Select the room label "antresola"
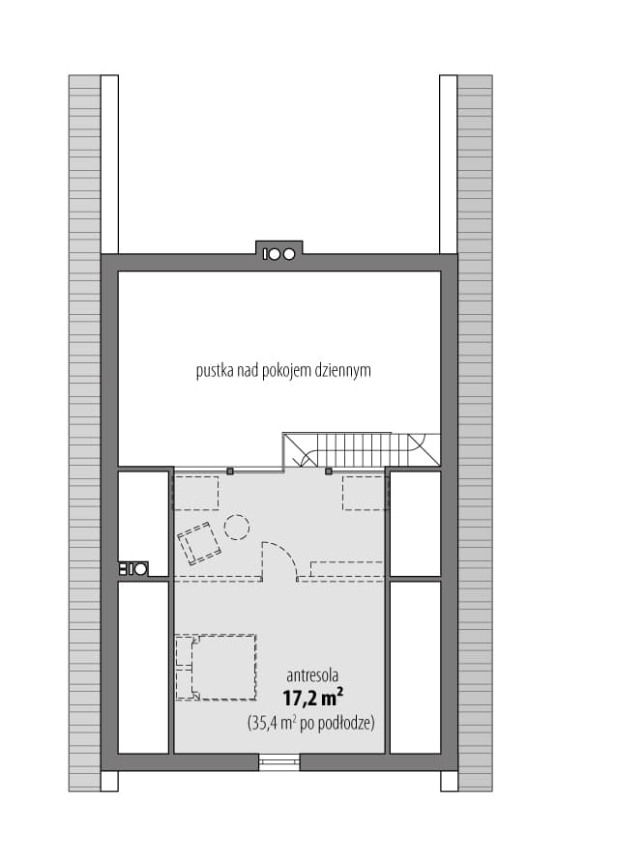(x=312, y=675)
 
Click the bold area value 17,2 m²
(x=313, y=699)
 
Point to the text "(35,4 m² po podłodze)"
(x=311, y=724)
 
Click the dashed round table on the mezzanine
(x=237, y=528)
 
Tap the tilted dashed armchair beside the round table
(x=198, y=543)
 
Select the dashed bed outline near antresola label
(x=216, y=667)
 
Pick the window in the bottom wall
(x=279, y=762)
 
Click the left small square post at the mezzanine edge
(x=230, y=472)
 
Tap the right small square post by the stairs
(x=328, y=472)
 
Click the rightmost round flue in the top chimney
(x=288, y=254)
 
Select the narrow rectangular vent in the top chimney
(x=266, y=254)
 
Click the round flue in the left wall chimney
(x=141, y=569)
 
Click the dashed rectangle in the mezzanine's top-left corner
(x=196, y=493)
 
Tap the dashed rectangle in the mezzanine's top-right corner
(x=365, y=493)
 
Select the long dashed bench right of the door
(x=346, y=570)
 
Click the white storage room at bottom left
(x=143, y=667)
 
